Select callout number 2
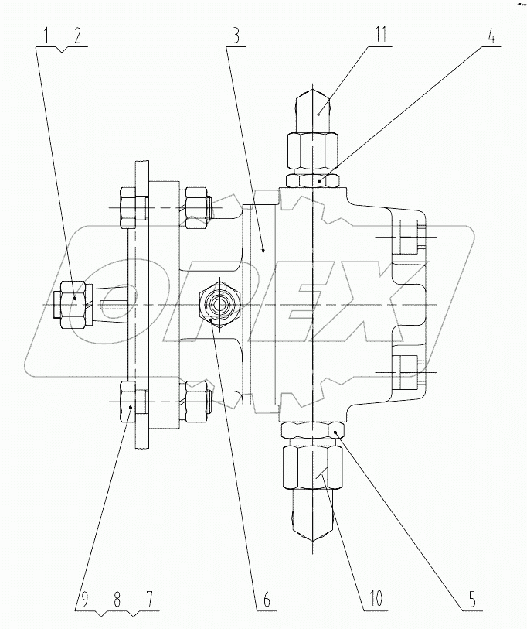click(77, 35)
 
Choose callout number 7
click(148, 599)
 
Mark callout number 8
click(116, 599)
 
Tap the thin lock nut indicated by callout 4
click(312, 180)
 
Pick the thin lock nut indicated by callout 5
click(312, 430)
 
